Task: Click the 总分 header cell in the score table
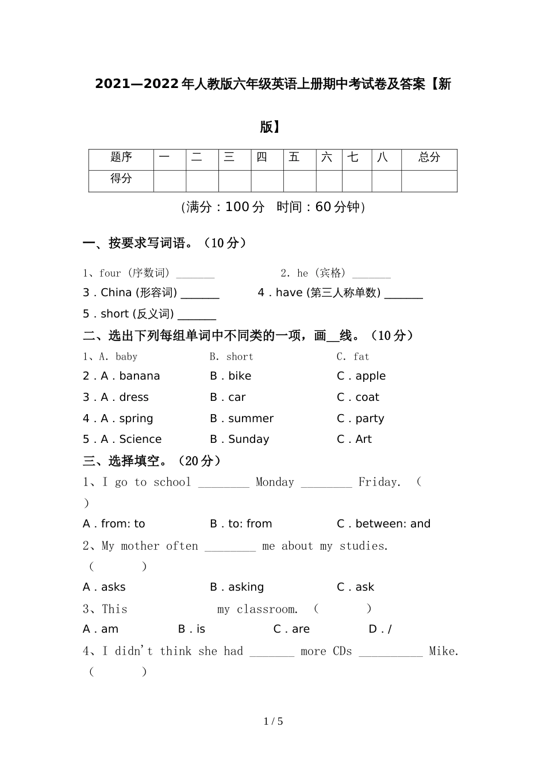[429, 157]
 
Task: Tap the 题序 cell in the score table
[121, 157]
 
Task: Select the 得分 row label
[121, 178]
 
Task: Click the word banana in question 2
[140, 376]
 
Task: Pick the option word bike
[240, 376]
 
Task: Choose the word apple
[371, 376]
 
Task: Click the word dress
[134, 397]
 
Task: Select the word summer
[251, 419]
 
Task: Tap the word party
[370, 419]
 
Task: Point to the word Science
[140, 439]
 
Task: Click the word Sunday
[248, 439]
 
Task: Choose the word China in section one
[116, 293]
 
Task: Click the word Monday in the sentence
[275, 482]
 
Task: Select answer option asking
[246, 587]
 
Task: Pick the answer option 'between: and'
[393, 524]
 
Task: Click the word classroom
[267, 609]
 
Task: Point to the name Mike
[443, 651]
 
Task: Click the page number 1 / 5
[274, 721]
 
